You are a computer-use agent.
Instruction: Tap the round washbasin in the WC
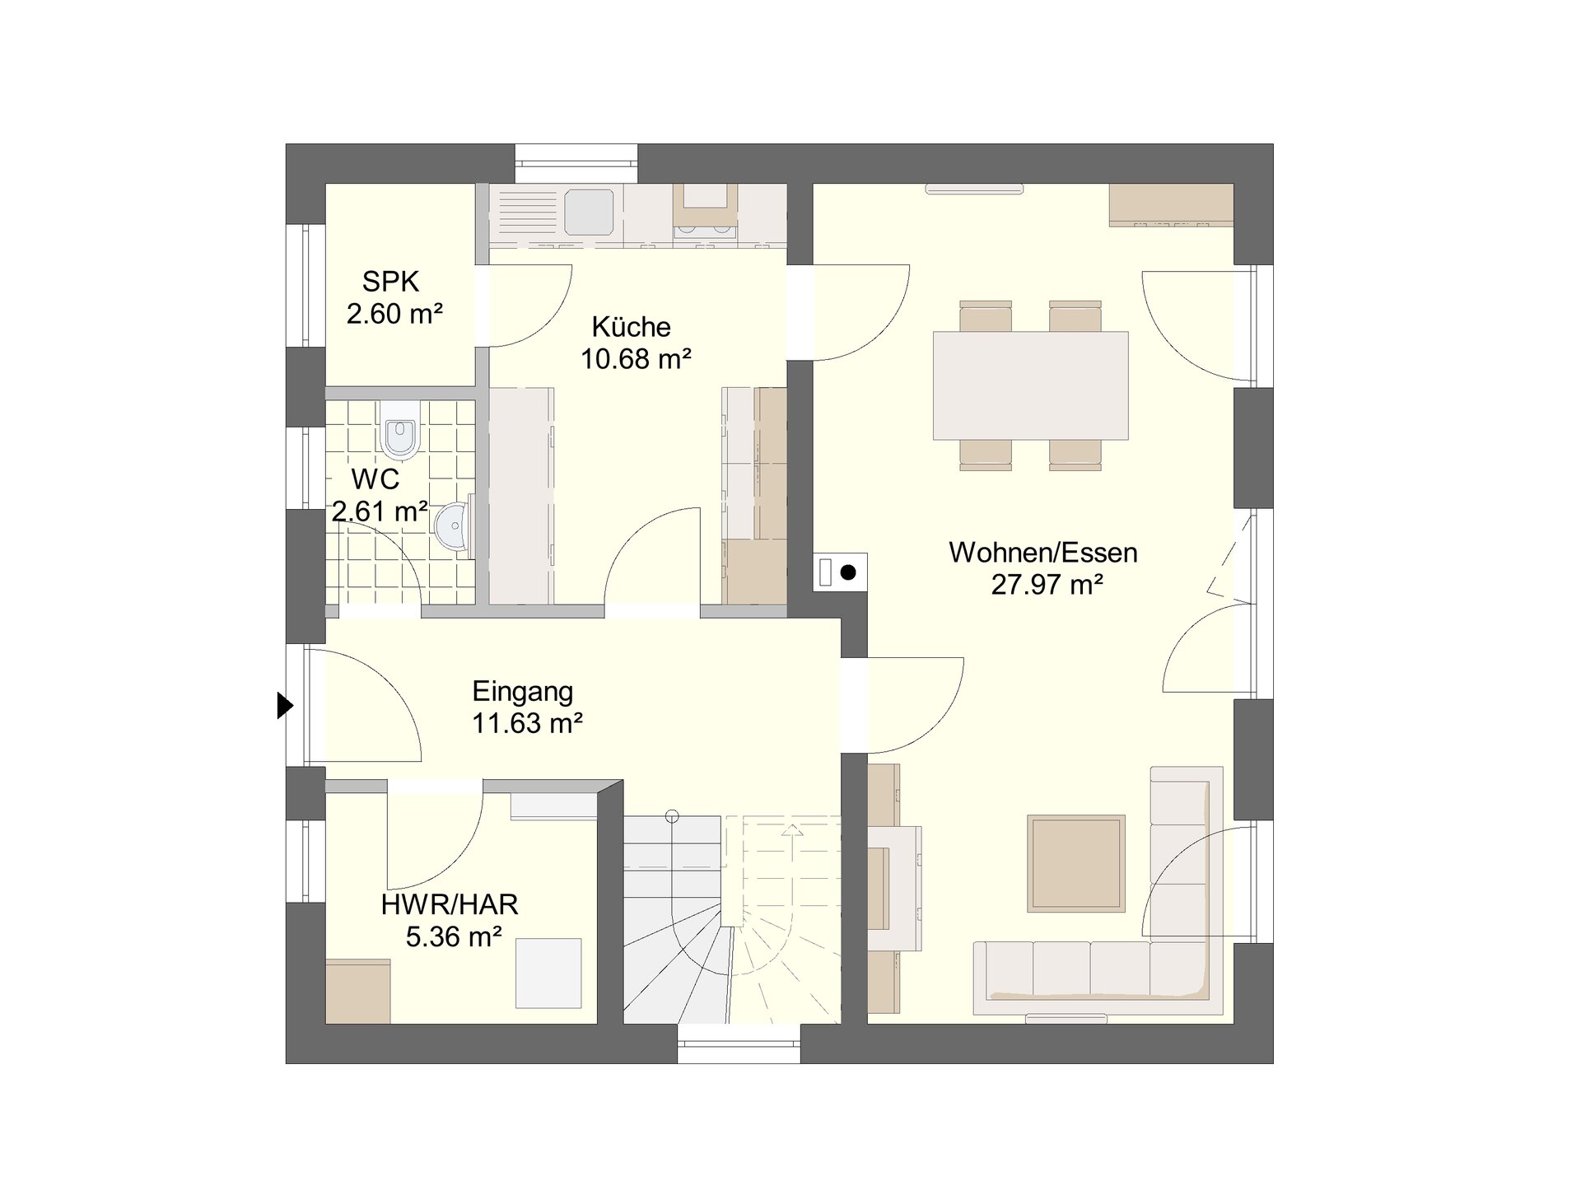pos(454,525)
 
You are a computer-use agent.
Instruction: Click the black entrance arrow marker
pos(285,706)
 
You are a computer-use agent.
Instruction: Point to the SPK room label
pos(390,282)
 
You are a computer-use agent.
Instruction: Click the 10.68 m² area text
pos(636,359)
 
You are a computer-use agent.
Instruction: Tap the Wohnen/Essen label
pos(1043,553)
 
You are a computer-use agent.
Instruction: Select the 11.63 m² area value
pos(527,723)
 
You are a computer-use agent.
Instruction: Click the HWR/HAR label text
pos(450,905)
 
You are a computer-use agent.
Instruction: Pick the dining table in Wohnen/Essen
pos(1030,385)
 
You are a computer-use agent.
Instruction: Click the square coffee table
pos(1076,863)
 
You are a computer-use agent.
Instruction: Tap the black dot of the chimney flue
pos(848,572)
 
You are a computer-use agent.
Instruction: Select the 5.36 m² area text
pos(455,937)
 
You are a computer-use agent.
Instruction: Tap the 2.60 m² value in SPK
pos(395,314)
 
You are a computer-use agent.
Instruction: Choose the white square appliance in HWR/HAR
pos(548,973)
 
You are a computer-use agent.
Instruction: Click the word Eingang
pos(523,691)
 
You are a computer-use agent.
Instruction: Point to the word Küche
pos(632,327)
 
